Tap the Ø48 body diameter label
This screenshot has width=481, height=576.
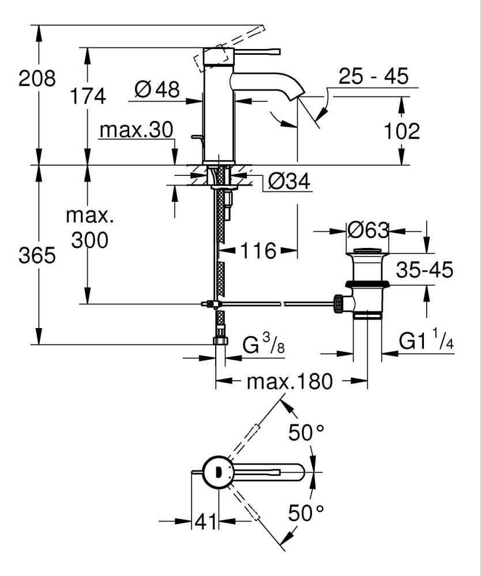point(156,89)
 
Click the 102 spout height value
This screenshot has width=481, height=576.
point(401,131)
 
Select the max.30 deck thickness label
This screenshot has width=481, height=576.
point(136,130)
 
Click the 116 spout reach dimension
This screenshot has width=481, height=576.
point(259,251)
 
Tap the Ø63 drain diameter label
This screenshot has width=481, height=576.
point(369,231)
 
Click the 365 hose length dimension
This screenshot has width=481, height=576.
point(37,255)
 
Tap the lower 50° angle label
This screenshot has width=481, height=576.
point(306,512)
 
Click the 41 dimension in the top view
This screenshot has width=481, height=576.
point(205,522)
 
